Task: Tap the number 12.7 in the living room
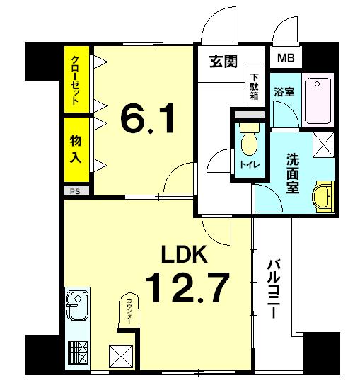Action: [187, 287]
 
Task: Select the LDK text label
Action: [185, 254]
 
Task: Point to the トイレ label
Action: [248, 165]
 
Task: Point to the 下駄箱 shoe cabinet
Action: [255, 86]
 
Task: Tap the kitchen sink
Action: [76, 309]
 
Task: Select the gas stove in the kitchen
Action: [76, 351]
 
